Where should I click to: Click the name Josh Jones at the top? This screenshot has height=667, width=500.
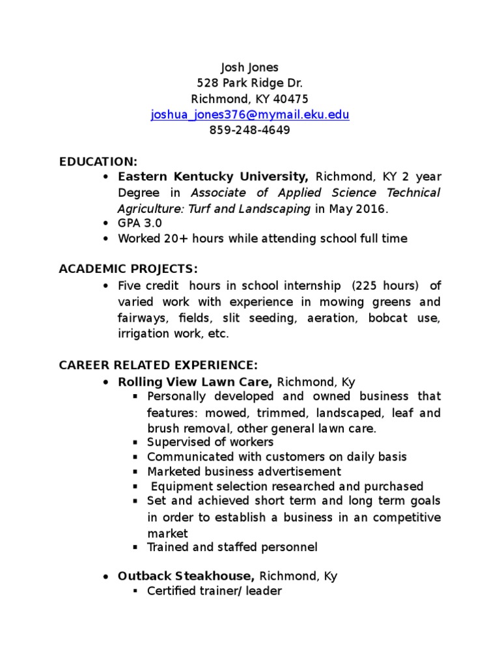click(249, 67)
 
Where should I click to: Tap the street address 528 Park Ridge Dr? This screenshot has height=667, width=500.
click(249, 83)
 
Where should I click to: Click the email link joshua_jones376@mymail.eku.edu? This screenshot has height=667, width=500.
click(249, 115)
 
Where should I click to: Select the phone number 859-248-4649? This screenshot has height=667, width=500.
click(249, 130)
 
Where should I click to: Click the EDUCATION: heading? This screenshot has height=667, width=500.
click(98, 162)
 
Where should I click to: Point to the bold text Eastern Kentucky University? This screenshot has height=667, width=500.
click(212, 177)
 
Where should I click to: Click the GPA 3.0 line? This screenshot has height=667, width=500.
click(140, 223)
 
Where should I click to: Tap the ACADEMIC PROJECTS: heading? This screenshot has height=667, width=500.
click(128, 270)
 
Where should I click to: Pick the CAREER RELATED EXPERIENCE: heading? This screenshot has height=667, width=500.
click(158, 365)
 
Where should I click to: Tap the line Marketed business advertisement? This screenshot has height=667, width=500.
click(244, 471)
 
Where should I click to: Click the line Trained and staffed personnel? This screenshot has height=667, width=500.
click(232, 547)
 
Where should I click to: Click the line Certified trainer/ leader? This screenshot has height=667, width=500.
click(214, 592)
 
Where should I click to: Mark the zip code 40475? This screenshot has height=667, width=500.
click(290, 99)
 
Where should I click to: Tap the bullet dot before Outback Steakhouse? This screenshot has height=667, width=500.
click(106, 577)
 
